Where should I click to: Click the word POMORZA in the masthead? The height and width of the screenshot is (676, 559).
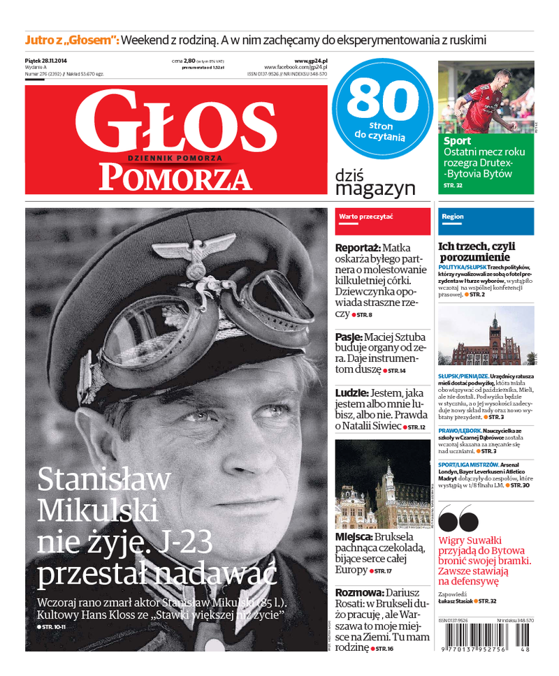(x=175, y=178)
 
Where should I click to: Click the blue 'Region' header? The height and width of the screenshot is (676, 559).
(x=453, y=216)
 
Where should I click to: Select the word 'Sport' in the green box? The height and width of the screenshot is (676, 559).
(x=457, y=141)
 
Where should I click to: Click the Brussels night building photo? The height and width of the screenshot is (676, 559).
(x=383, y=485)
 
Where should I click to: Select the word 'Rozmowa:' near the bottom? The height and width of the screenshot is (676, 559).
(x=358, y=591)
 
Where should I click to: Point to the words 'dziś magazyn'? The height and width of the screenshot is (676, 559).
(x=375, y=182)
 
